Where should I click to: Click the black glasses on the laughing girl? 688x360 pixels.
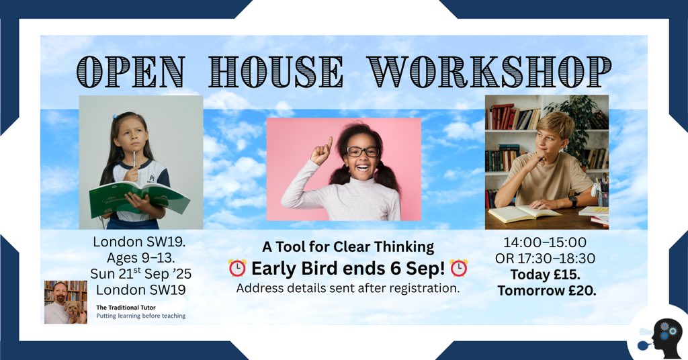coord(363,151)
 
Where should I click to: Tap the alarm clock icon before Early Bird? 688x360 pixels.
coord(238,269)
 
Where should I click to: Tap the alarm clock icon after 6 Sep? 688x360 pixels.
coord(459,269)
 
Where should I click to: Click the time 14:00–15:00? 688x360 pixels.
coord(545,242)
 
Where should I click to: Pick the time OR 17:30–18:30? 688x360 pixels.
coord(545,259)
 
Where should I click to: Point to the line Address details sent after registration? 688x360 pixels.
coord(348,289)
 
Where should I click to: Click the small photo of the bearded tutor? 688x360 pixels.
coord(66,302)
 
